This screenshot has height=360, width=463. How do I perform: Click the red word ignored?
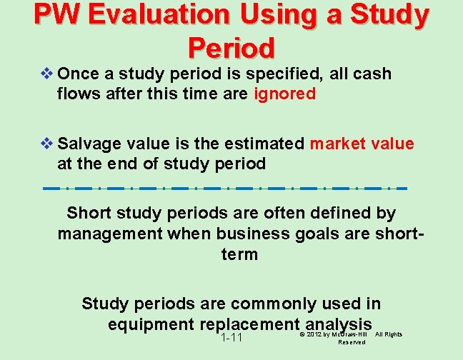284,94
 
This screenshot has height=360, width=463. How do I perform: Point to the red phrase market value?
362,144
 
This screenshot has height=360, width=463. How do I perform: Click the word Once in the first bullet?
78,74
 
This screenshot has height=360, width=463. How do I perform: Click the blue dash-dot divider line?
224,189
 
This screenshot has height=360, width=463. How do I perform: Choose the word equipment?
151,324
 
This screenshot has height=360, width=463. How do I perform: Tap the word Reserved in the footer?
351,342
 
